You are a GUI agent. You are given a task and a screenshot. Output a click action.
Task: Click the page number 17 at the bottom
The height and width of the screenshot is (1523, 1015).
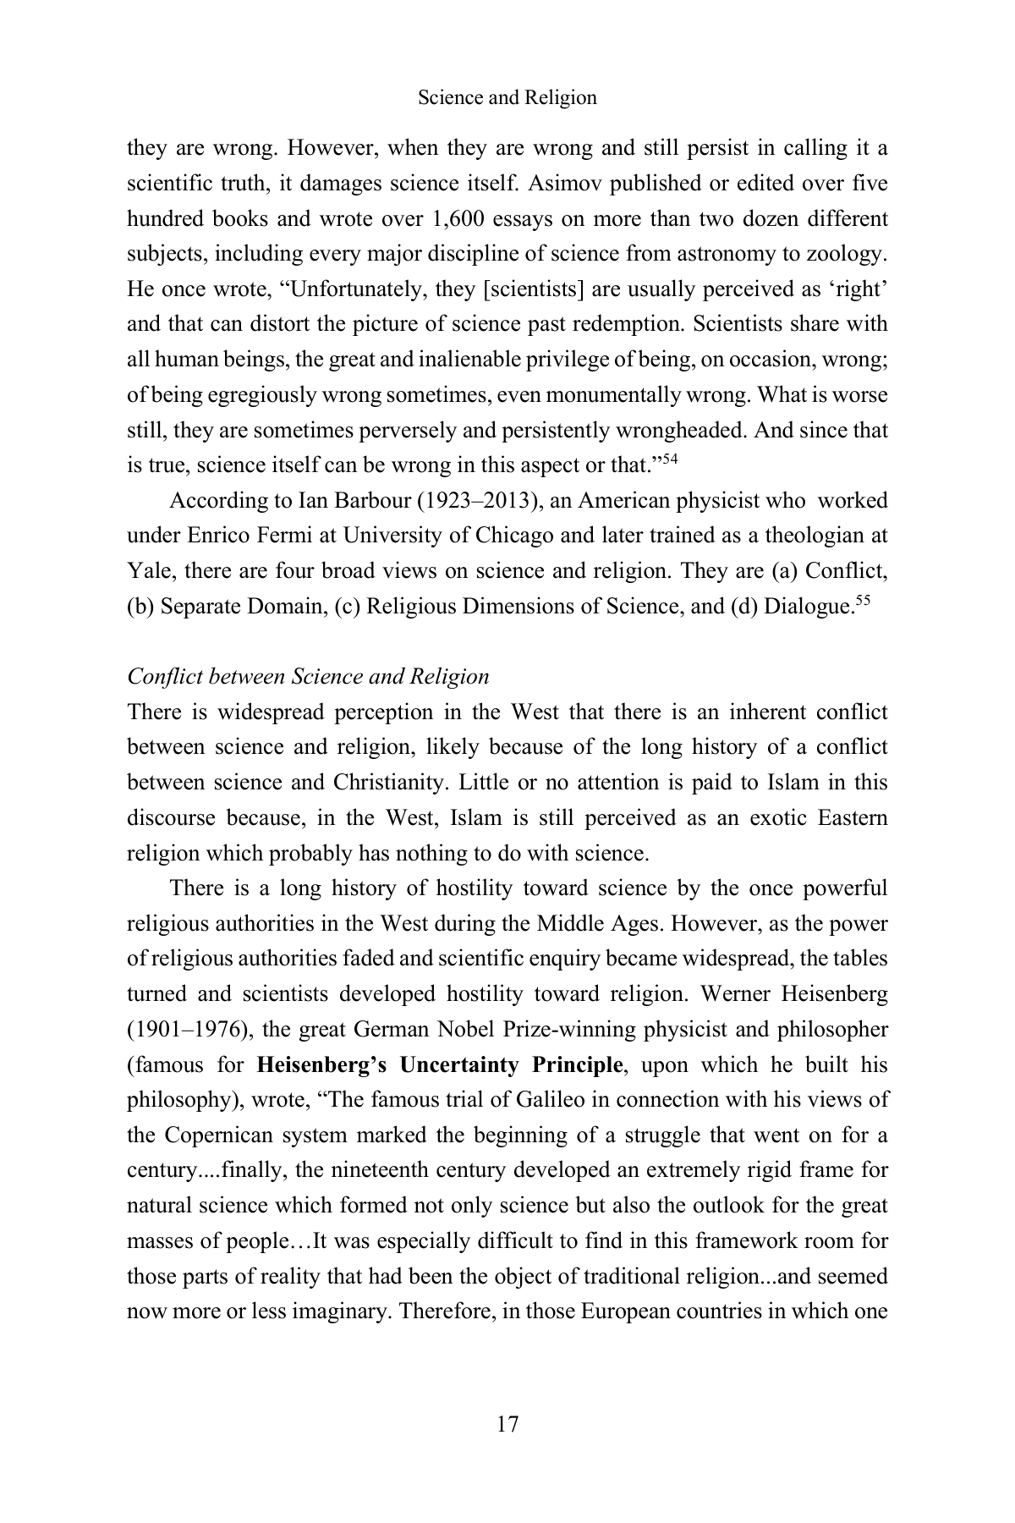pos(507,1424)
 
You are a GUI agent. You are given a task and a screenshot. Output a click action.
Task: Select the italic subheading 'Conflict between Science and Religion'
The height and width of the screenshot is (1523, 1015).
pos(308,677)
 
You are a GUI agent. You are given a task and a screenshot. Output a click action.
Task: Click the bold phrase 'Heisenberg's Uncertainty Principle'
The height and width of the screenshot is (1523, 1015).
pos(439,1064)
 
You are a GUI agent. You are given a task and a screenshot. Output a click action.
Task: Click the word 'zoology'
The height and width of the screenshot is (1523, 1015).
pos(847,254)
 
